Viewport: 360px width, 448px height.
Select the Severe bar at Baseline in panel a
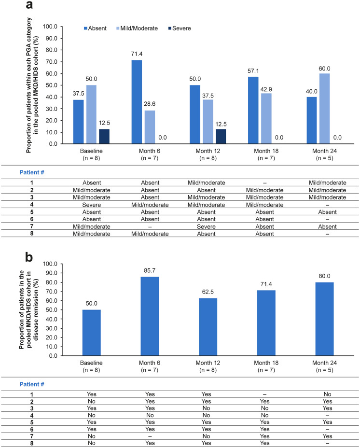click(x=104, y=137)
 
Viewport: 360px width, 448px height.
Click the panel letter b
click(x=30, y=258)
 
